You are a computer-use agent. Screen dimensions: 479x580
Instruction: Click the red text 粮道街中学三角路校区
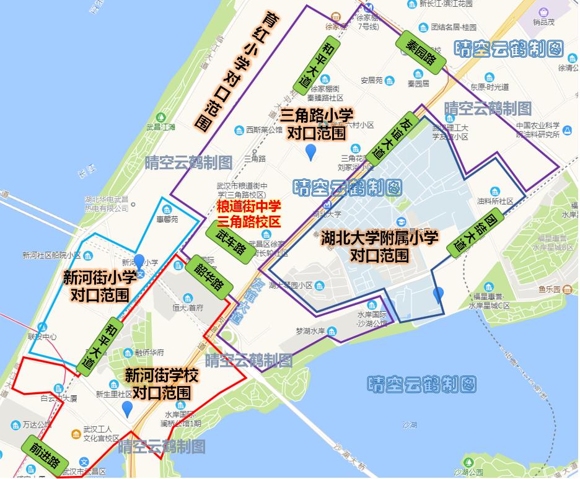[248, 213]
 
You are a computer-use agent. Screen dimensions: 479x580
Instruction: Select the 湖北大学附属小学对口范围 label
[379, 246]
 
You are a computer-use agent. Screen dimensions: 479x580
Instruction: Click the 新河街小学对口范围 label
[99, 286]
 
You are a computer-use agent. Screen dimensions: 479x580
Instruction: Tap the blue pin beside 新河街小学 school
[139, 263]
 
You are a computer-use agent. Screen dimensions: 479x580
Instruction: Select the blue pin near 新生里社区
[128, 409]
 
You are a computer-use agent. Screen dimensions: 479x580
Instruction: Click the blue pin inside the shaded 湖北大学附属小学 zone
[438, 295]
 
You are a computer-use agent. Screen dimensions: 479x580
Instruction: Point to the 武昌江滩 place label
[160, 126]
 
